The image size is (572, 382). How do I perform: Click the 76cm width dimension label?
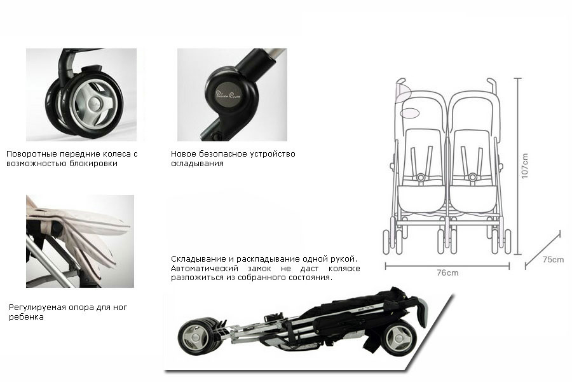coord(447,272)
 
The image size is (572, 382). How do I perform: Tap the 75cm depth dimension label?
coord(553,260)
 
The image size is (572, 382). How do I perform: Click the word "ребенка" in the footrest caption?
coord(27,317)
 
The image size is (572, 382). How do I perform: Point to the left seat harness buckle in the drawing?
coord(420,177)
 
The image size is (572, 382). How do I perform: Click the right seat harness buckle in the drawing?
coord(473,177)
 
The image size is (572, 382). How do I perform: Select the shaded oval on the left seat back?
coord(411,112)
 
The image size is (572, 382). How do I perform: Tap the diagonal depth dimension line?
coord(542,250)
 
